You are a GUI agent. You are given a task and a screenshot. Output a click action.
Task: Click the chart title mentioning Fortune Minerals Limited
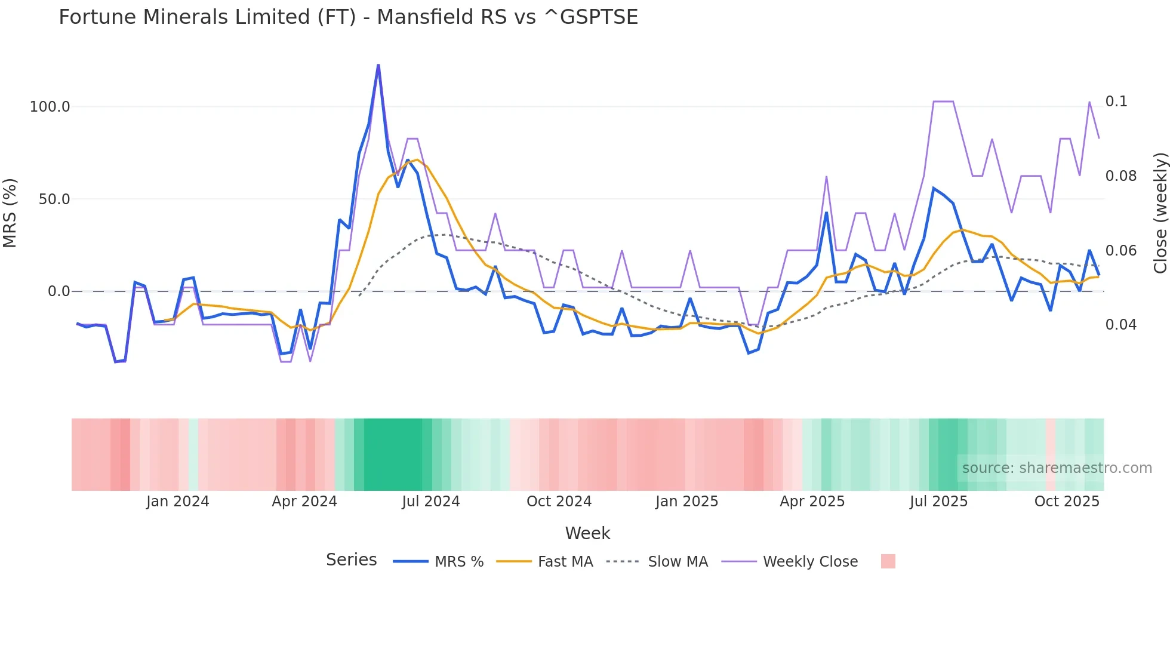(348, 17)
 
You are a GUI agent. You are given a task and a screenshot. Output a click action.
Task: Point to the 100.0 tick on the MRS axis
(50, 107)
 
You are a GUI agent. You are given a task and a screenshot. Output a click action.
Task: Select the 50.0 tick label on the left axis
(54, 199)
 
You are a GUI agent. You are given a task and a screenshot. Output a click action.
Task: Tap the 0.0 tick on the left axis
(59, 291)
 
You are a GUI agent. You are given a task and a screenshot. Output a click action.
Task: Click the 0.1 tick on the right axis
(1116, 102)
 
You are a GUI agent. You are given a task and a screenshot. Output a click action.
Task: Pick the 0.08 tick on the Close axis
(1120, 176)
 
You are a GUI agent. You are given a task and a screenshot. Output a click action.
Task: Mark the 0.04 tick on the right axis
(1120, 325)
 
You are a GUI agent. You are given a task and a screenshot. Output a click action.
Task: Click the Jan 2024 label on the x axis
(177, 502)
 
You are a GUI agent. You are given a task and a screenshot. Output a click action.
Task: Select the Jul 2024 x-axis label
(430, 502)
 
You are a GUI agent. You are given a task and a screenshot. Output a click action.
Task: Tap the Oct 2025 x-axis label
(1066, 502)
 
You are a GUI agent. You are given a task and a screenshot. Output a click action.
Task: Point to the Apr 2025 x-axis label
(812, 502)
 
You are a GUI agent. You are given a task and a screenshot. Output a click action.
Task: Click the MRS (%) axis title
(10, 213)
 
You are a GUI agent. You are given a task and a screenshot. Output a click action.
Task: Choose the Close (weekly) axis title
(1160, 213)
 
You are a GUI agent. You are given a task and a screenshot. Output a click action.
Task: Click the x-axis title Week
(587, 533)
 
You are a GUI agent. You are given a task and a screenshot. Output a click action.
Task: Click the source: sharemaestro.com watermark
(1057, 468)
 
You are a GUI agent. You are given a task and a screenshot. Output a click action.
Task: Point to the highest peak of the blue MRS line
(378, 66)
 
